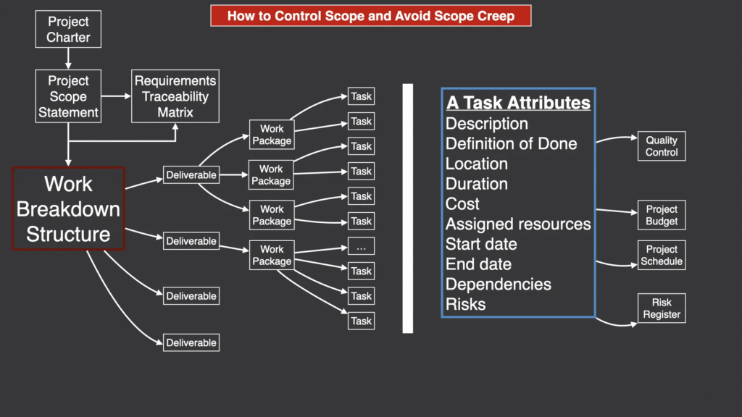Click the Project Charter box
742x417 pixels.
click(x=68, y=29)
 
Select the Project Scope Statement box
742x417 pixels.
click(x=68, y=96)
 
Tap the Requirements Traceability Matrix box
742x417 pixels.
click(x=175, y=96)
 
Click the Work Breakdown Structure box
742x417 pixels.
click(x=68, y=208)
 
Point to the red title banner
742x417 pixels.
click(x=370, y=16)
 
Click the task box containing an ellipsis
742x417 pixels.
click(x=361, y=246)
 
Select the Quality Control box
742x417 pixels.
click(x=662, y=146)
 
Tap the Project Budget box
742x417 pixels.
click(x=662, y=215)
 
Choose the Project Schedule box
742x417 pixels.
click(x=662, y=256)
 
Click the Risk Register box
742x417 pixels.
click(x=662, y=308)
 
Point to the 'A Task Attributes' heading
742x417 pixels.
click(x=518, y=103)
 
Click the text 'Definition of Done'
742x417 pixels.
click(x=511, y=144)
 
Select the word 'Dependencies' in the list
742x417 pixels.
click(x=499, y=284)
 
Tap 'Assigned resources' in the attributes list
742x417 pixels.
click(x=518, y=224)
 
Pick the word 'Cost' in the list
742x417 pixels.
click(x=462, y=203)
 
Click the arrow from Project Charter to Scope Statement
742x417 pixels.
click(x=68, y=59)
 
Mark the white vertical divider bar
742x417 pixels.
click(x=407, y=208)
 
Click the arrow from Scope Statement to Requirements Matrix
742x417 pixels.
click(x=116, y=96)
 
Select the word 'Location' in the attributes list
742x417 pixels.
click(x=477, y=164)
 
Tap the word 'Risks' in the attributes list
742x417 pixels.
click(x=466, y=305)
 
